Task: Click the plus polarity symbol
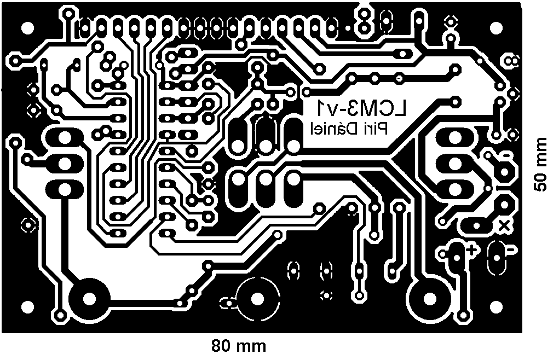point(471,250)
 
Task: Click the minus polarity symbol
point(510,249)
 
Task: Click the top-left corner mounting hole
point(26,26)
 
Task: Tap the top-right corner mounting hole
point(496,26)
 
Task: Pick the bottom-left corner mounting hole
point(26,307)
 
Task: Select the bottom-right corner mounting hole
point(496,307)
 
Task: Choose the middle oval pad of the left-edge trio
point(64,163)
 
